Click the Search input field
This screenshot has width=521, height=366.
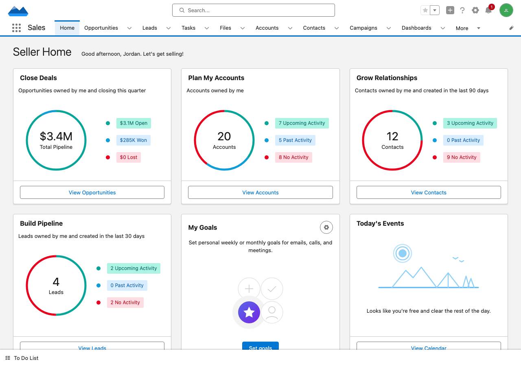click(253, 10)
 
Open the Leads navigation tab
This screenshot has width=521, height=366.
click(149, 28)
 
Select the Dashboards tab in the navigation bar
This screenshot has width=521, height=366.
click(416, 28)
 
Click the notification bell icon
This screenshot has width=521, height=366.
click(488, 10)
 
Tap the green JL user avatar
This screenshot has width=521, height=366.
click(506, 10)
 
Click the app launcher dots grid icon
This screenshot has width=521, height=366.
click(16, 28)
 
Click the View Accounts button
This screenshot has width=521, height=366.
click(260, 192)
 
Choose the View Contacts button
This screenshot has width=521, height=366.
click(429, 192)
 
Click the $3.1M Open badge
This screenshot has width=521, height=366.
click(134, 123)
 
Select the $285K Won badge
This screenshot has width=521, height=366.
click(133, 140)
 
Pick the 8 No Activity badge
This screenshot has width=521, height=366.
click(293, 157)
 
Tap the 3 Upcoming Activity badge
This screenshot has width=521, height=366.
click(470, 123)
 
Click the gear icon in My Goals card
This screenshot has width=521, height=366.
click(326, 227)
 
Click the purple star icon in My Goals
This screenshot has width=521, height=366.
click(249, 312)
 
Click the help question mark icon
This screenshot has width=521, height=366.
click(462, 10)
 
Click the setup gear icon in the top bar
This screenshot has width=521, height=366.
click(475, 10)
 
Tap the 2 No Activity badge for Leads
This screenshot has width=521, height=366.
click(125, 303)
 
